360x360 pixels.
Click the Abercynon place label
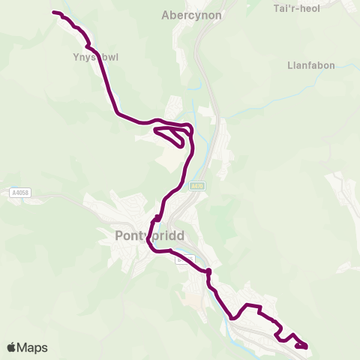[188, 14]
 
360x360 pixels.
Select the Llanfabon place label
[309, 65]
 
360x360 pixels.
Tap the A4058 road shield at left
[21, 193]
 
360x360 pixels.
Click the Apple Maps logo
[27, 347]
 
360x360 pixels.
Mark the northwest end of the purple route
[54, 12]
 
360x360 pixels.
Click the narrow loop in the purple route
[171, 136]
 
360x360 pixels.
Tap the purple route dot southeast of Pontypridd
[208, 271]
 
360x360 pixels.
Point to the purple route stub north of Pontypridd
[157, 218]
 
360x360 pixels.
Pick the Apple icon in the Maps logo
[11, 347]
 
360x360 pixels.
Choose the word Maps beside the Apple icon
[32, 347]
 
